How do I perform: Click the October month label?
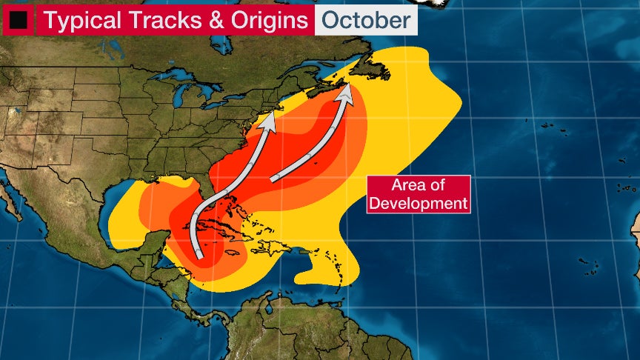click(x=365, y=20)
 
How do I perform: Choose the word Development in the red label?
click(x=419, y=202)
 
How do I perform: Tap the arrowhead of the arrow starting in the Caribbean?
click(x=270, y=121)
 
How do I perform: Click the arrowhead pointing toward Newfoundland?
click(x=346, y=95)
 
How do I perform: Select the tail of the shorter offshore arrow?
click(x=274, y=179)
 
